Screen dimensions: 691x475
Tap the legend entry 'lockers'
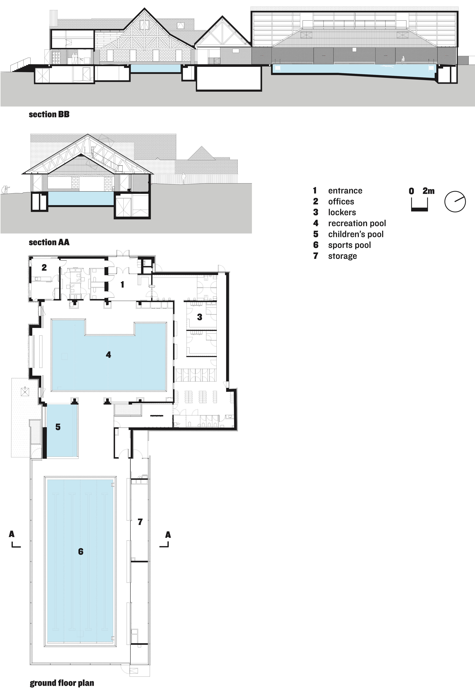[342, 212]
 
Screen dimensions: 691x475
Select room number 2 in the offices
[44, 267]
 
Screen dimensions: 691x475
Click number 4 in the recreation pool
[108, 355]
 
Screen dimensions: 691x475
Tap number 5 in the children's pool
[58, 427]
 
